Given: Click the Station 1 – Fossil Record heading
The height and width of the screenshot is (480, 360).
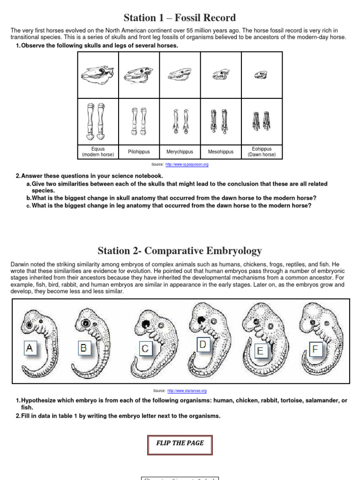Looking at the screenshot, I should [180, 18].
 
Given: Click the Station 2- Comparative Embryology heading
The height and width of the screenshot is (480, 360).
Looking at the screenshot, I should [180, 250].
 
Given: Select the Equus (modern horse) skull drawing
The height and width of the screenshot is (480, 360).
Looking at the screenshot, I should [98, 74].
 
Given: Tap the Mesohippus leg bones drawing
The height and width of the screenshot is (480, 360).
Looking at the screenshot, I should [221, 120].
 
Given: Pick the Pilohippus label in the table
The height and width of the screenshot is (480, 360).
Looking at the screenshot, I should [139, 152].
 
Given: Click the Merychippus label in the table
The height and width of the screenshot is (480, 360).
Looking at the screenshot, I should [180, 152].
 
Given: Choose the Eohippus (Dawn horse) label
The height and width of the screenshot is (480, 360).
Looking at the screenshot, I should [262, 152].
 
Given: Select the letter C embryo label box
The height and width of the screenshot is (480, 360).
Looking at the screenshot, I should [146, 348].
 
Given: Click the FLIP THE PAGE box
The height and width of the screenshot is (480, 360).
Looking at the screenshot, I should [180, 443].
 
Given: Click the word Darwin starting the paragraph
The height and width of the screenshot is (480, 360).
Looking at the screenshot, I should [20, 264].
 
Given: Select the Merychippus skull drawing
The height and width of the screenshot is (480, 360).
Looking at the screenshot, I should [180, 74].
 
